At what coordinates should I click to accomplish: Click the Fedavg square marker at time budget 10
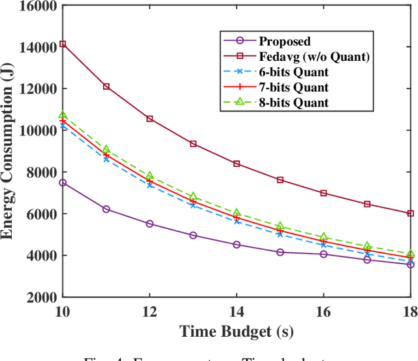(63, 44)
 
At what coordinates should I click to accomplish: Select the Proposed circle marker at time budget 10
(63, 183)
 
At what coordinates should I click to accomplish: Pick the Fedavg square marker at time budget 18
(410, 213)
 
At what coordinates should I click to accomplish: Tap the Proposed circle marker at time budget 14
(236, 245)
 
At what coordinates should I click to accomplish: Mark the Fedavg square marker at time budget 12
(150, 119)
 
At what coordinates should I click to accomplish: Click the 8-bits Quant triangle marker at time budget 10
(63, 116)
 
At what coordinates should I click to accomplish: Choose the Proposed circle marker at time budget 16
(323, 254)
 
